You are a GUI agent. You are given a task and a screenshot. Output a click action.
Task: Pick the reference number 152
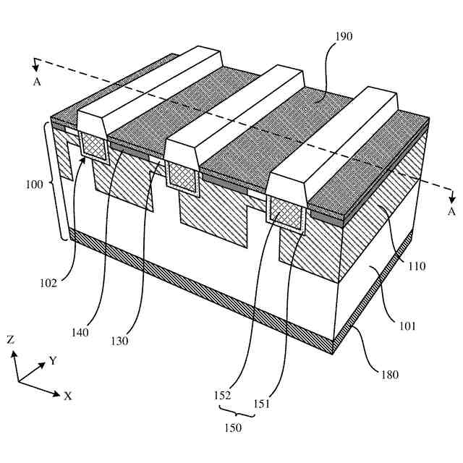(x=223, y=396)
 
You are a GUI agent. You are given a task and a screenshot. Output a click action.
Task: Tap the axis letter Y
(x=53, y=360)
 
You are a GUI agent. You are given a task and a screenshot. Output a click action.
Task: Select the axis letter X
(x=67, y=396)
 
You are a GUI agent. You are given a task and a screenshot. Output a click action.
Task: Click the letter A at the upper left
(x=36, y=82)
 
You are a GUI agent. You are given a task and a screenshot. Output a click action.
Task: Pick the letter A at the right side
(x=451, y=211)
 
